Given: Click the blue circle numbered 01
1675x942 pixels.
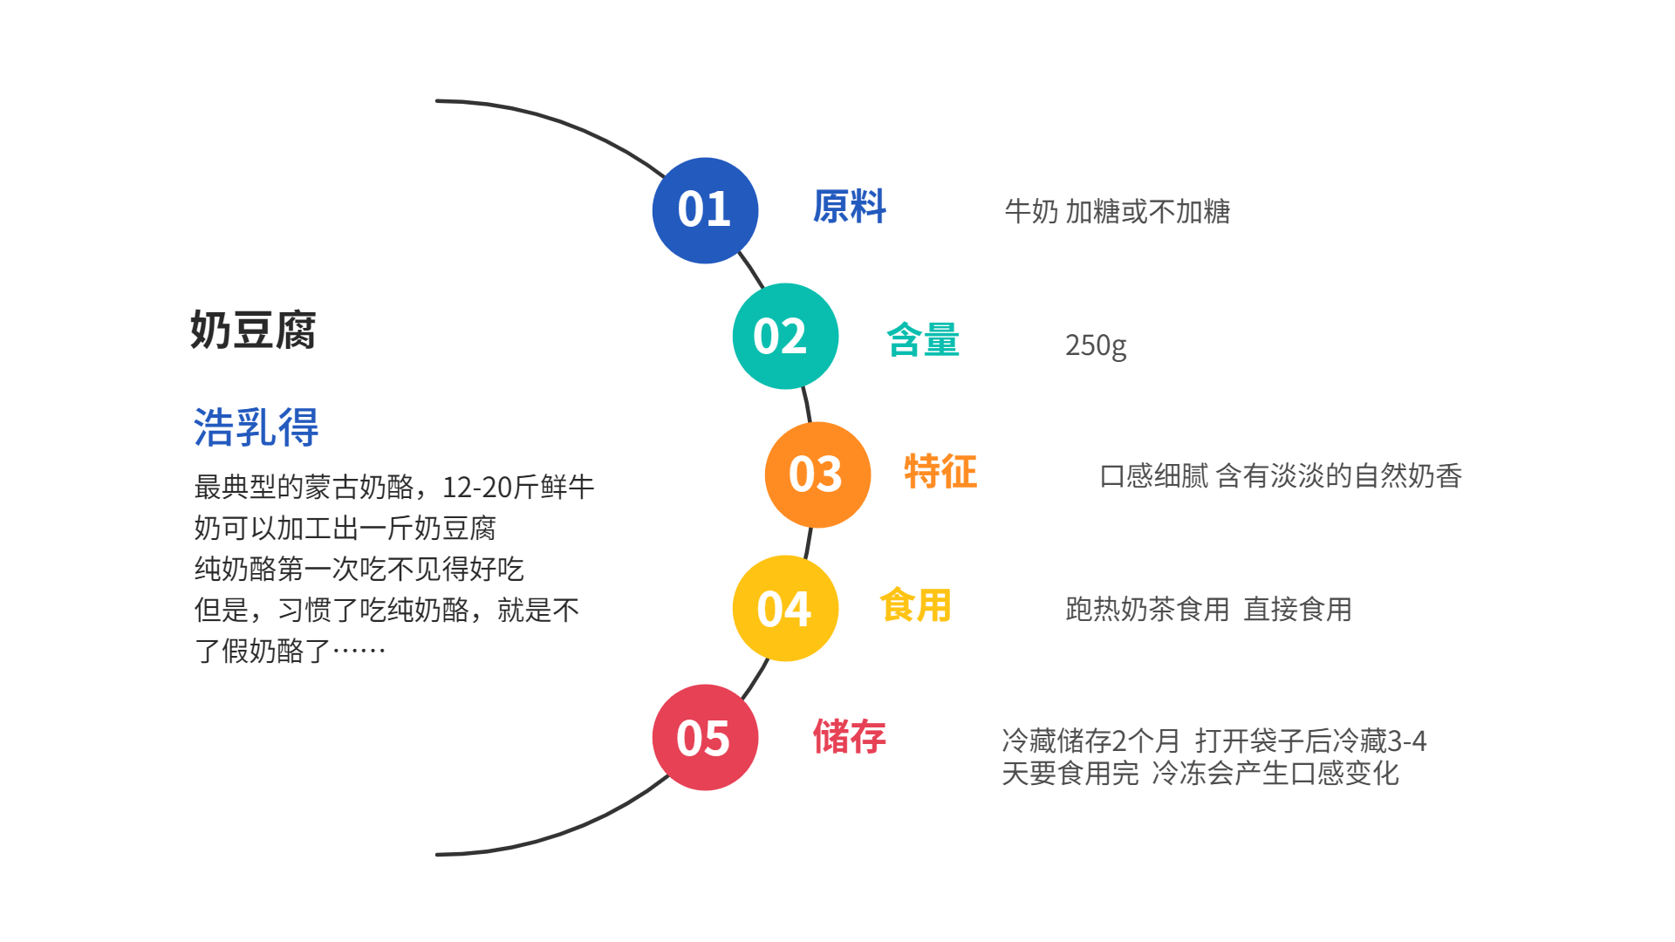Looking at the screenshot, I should point(705,210).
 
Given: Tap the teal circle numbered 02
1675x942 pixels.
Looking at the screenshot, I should point(785,336).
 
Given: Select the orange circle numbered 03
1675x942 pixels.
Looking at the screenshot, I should point(817,474).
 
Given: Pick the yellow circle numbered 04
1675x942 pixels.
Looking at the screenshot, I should point(785,608).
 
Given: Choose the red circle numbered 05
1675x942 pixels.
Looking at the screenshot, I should point(705,737).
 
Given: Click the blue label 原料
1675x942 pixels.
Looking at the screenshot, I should point(849,208).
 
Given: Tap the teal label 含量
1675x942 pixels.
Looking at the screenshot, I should point(923,339).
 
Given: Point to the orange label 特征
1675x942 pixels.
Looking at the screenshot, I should point(940,472).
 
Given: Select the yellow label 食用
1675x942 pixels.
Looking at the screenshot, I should point(915,605).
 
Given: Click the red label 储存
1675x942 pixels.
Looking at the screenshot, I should point(849,737).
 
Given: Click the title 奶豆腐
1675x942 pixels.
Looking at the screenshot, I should point(253,331).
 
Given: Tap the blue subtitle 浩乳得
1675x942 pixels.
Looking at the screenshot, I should point(256,427).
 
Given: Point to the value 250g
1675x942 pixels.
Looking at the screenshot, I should point(1096,345).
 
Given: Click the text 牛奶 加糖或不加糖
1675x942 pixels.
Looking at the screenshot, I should point(1117,211).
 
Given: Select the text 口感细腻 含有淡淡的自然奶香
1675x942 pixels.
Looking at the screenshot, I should point(1280,476).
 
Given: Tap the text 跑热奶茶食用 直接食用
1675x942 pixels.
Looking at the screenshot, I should point(1208,609).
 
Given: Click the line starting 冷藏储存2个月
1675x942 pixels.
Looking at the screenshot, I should point(1214,741).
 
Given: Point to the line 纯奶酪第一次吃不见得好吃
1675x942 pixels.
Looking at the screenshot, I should point(359,569).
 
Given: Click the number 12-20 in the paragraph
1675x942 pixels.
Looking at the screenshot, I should point(476,487).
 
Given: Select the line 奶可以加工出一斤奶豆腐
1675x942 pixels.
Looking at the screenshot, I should point(345,528).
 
